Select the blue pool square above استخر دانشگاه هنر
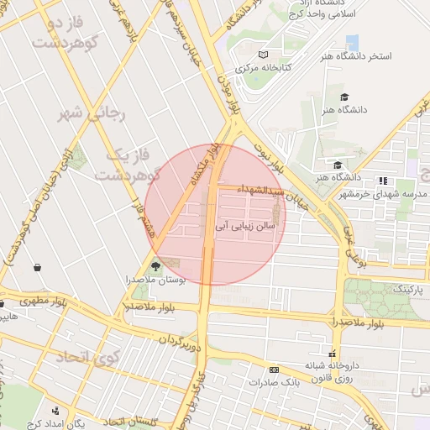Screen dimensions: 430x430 pyautogui.click(x=352, y=42)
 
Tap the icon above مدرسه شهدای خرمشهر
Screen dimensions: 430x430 pyautogui.click(x=383, y=181)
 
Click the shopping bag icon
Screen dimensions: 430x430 pyautogui.click(x=38, y=267)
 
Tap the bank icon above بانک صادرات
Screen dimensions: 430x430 pyautogui.click(x=274, y=370)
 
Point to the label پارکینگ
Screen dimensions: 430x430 pyautogui.click(x=411, y=289)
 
